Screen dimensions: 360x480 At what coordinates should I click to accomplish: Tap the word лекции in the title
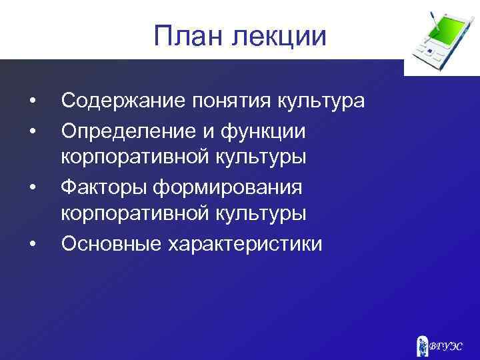pyautogui.click(x=279, y=37)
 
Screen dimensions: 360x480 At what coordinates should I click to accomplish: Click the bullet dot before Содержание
pyautogui.click(x=32, y=101)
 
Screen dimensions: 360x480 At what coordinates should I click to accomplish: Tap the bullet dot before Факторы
pyautogui.click(x=32, y=187)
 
